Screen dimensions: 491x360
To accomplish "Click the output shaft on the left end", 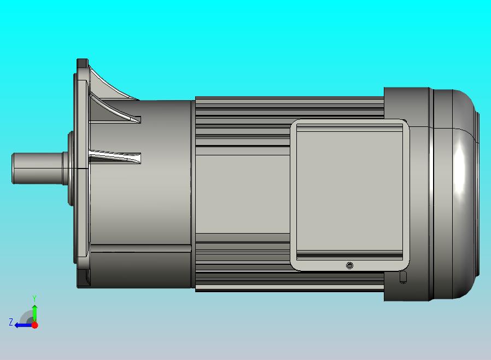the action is click(38, 169).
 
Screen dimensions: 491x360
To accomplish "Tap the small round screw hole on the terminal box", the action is click(350, 266).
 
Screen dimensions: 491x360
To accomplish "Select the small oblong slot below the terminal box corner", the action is click(403, 277).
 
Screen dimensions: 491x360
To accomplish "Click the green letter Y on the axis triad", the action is click(34, 298).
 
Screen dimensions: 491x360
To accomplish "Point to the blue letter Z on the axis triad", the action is click(11, 322).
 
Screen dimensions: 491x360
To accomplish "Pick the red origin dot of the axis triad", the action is click(35, 325).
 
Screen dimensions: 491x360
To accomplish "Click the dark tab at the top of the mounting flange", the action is click(83, 62).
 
